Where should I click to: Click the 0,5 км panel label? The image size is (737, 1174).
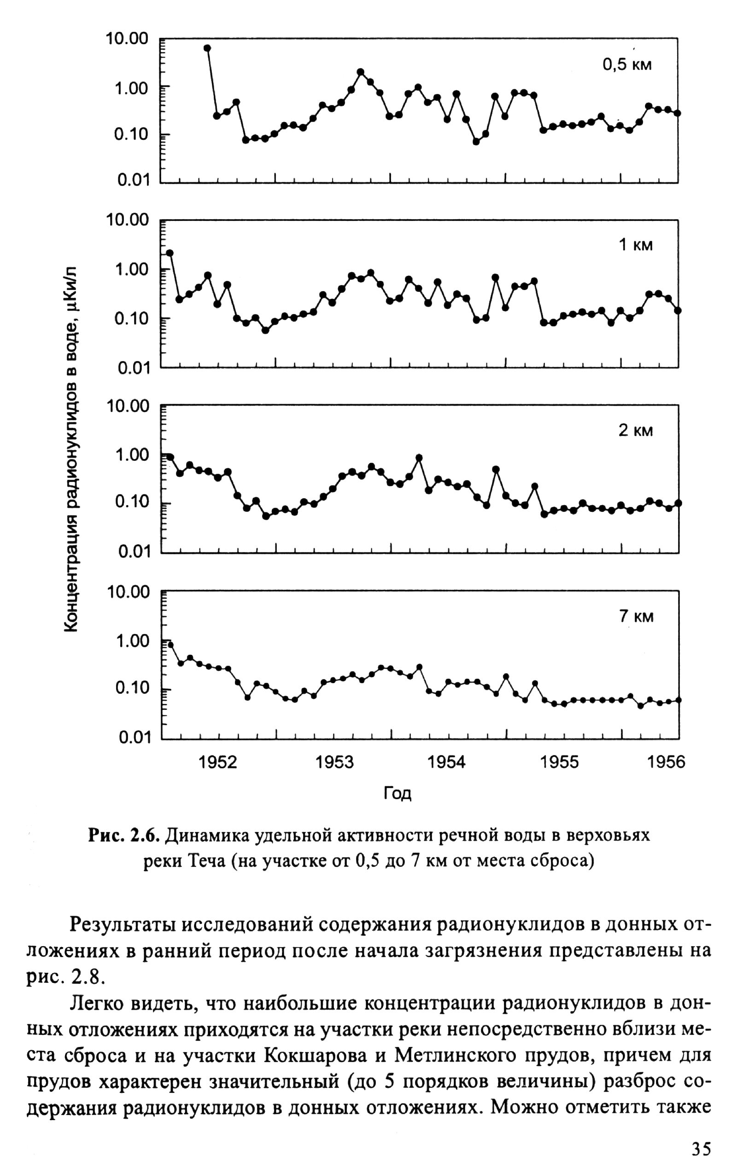click(627, 64)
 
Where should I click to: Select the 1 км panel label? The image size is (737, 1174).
click(636, 245)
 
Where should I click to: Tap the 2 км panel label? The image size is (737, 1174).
click(636, 430)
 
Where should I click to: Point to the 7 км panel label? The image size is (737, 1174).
click(636, 617)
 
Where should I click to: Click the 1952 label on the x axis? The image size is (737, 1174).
click(218, 762)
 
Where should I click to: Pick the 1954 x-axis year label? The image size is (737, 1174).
click(446, 762)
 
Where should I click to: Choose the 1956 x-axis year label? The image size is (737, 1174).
click(666, 762)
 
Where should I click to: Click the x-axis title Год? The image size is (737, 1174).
click(397, 793)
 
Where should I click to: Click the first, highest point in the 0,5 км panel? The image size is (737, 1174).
click(207, 48)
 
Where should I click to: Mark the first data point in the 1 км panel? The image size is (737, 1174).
click(170, 253)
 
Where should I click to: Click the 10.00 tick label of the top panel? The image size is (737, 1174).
click(127, 39)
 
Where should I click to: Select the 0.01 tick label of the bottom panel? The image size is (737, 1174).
click(133, 738)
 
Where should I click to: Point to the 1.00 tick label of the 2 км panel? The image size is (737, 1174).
click(132, 455)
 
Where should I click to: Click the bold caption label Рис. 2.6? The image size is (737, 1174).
click(124, 836)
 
